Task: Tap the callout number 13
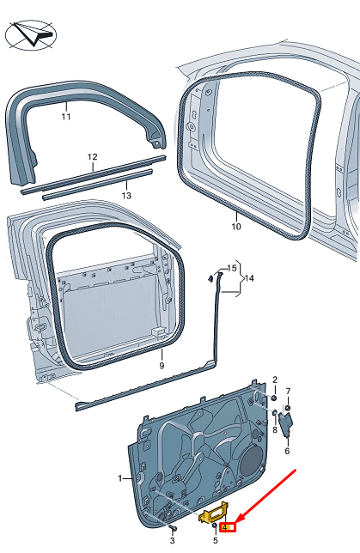tap(125, 196)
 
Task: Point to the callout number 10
tap(236, 228)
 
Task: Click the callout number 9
tap(161, 366)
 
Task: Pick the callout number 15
tap(231, 269)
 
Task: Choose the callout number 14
tap(249, 279)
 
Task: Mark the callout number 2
tap(275, 379)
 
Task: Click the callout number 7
tap(289, 391)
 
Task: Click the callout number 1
tap(121, 477)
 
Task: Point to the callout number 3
tap(172, 541)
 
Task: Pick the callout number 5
tap(215, 540)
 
